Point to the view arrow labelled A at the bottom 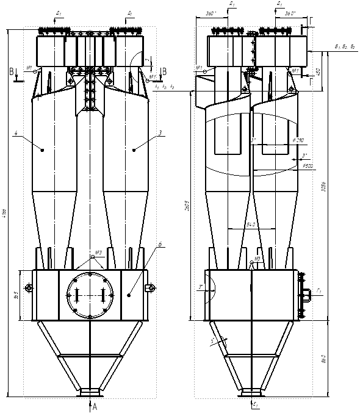(93, 406)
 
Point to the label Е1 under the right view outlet (255, 404)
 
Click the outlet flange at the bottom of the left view (90, 391)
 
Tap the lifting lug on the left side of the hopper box (27, 288)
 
